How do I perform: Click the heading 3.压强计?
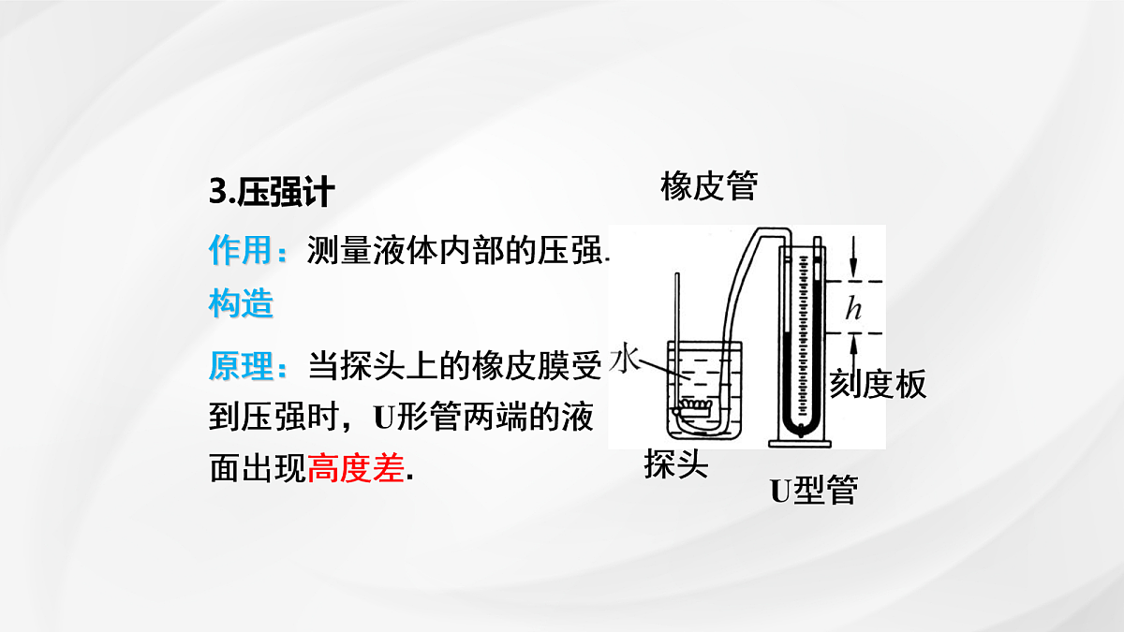[x=272, y=192]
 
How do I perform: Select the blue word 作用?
[x=241, y=249]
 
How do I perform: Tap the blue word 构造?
[x=241, y=303]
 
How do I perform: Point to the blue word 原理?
[x=241, y=366]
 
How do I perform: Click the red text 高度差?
[x=356, y=468]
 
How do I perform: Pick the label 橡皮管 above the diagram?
[x=708, y=186]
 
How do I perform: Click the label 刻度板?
[x=878, y=384]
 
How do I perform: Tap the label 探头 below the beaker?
[x=676, y=463]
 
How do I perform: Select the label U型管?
[x=814, y=490]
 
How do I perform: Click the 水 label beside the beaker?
[x=626, y=357]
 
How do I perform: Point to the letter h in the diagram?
[x=853, y=307]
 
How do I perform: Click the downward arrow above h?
[x=853, y=256]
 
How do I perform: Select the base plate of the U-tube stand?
[x=800, y=444]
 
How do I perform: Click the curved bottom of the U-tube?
[x=801, y=428]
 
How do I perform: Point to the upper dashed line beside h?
[x=853, y=282]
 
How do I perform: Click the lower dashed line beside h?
[x=853, y=333]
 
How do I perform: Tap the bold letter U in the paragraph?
[x=384, y=418]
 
